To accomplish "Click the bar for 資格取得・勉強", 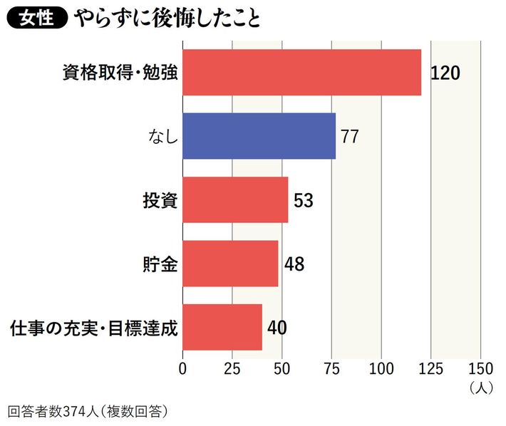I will [x=301, y=73].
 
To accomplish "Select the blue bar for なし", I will [x=259, y=136].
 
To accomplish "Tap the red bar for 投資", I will [x=235, y=200].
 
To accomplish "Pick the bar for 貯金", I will [x=230, y=264].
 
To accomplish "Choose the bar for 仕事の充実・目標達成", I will [x=222, y=327].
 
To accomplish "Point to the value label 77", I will [x=349, y=137].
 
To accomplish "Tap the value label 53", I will [x=303, y=201].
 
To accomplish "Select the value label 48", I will [x=294, y=264].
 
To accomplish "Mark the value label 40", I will [x=277, y=328].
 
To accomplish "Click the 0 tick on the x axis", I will [x=183, y=368].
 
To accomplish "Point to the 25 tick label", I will [x=232, y=368].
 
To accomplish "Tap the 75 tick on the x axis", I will [x=331, y=368].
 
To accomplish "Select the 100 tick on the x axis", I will [x=381, y=368].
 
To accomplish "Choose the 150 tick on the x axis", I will [x=480, y=368].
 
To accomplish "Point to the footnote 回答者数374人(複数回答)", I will [x=91, y=412].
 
